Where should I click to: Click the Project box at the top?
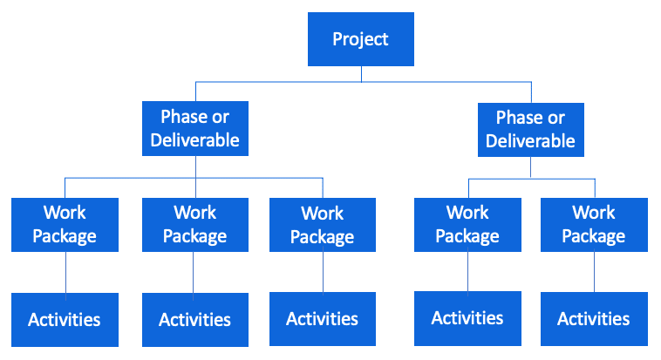pyautogui.click(x=361, y=39)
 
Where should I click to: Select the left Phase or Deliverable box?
pyautogui.click(x=195, y=129)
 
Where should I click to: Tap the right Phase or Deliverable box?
pyautogui.click(x=531, y=130)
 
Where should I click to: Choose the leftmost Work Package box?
pyautogui.click(x=65, y=225)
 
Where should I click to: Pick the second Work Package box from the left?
pyautogui.click(x=195, y=225)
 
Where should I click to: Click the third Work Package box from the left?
pyautogui.click(x=323, y=225)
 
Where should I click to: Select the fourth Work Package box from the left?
pyautogui.click(x=467, y=225)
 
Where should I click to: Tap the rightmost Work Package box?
pyautogui.click(x=594, y=225)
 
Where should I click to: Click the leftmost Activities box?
pyautogui.click(x=65, y=320)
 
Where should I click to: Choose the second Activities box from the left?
pyautogui.click(x=195, y=320)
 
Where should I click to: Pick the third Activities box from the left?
pyautogui.click(x=323, y=319)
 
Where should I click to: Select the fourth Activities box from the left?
pyautogui.click(x=467, y=319)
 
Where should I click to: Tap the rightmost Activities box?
pyautogui.click(x=594, y=319)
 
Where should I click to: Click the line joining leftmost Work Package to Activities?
pyautogui.click(x=65, y=272)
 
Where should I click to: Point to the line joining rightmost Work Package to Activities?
pyautogui.click(x=595, y=272)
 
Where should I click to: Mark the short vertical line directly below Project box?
pyautogui.click(x=361, y=74)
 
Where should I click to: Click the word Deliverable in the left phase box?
pyautogui.click(x=194, y=140)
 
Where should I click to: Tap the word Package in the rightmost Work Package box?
pyautogui.click(x=594, y=237)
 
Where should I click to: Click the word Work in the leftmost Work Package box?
pyautogui.click(x=65, y=213)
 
